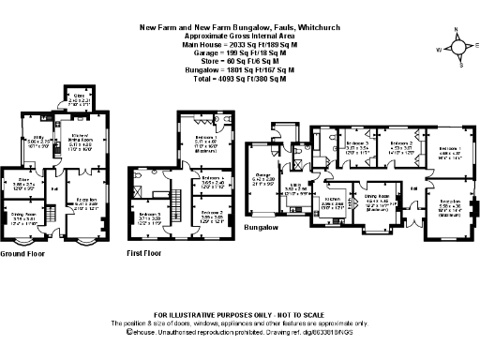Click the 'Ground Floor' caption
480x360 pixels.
[x=23, y=253]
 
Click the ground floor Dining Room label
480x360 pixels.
[x=23, y=215]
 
